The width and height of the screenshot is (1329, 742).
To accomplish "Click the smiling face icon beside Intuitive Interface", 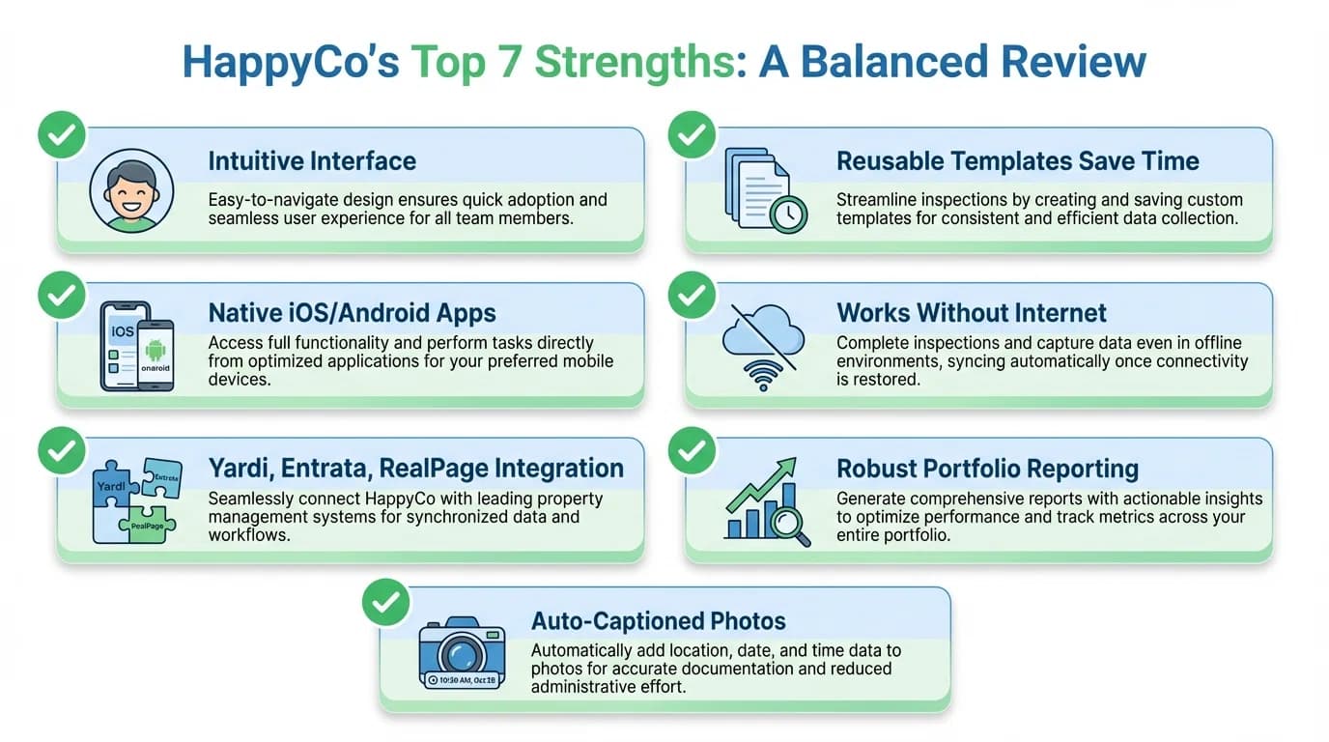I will point(131,190).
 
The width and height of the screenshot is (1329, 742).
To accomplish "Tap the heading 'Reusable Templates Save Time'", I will point(1017,160).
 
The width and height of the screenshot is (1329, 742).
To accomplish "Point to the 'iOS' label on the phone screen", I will point(123,331).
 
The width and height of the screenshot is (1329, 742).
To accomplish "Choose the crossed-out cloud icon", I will point(763,333).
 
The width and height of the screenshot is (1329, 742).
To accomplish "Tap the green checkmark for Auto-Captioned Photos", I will point(385,603).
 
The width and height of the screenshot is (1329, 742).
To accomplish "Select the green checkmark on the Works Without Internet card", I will point(692,295).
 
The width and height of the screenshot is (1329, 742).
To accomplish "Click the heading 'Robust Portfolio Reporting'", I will point(987,469).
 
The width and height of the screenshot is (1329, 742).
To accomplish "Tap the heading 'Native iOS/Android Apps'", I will point(352,313).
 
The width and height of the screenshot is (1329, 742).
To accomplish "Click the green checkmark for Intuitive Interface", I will point(62,136).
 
